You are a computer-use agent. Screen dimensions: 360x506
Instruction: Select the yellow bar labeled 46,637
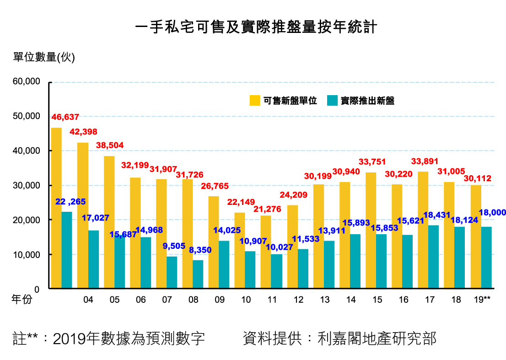(x=56, y=208)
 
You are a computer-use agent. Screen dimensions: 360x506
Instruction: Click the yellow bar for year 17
(x=423, y=230)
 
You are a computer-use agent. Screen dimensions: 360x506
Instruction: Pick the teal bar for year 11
(x=276, y=271)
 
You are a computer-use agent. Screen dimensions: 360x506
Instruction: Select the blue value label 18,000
(x=492, y=212)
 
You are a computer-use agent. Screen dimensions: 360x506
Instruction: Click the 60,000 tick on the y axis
(x=27, y=82)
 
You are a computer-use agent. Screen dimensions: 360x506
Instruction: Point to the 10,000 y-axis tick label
(x=27, y=255)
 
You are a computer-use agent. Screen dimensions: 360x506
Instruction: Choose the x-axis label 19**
(x=482, y=300)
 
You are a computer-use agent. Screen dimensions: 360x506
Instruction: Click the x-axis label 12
(x=299, y=300)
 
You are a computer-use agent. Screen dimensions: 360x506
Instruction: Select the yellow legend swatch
(x=255, y=101)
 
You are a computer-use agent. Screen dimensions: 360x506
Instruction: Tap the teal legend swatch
(x=333, y=101)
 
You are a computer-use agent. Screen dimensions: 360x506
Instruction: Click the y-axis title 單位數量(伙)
(x=43, y=57)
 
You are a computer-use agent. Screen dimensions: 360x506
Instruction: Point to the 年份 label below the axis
(x=22, y=300)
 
